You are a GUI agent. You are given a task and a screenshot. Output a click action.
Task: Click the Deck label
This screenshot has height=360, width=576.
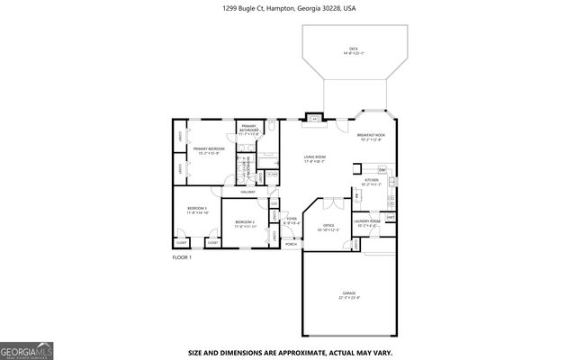[x=353, y=50]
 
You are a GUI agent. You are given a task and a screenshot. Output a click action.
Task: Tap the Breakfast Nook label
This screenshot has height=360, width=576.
[x=370, y=137]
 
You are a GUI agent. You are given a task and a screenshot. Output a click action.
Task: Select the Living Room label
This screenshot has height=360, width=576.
[x=314, y=159]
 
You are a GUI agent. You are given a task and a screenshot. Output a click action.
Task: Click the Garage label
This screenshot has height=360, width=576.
[x=349, y=296]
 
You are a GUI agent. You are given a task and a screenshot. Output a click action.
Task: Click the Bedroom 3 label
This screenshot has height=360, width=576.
[x=198, y=211]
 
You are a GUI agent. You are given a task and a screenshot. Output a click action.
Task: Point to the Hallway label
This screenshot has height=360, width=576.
[x=247, y=192]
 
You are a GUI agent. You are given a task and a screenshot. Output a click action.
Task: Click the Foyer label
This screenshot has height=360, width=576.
[x=292, y=220]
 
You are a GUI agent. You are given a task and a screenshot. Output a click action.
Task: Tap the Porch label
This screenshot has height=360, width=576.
[x=291, y=244]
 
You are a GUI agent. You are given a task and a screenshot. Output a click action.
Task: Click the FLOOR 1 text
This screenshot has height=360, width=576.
[x=183, y=257]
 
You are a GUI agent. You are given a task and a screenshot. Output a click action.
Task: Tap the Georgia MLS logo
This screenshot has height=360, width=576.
[x=27, y=349]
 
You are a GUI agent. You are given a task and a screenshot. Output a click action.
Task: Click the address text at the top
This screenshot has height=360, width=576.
[x=287, y=8]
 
